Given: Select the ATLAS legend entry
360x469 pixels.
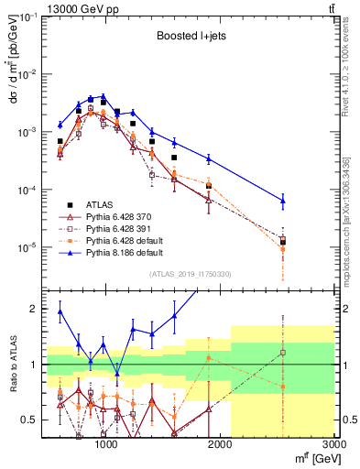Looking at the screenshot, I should tap(96, 203).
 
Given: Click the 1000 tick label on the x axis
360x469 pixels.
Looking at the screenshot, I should tap(105, 445).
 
